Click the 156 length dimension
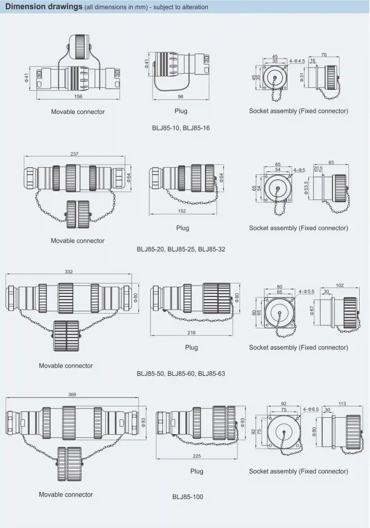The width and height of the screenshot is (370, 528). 78,96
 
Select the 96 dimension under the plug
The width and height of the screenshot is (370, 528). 181,96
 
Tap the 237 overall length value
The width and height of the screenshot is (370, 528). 74,154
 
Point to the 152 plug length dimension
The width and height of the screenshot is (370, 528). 182,211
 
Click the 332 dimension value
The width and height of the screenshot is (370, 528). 69,271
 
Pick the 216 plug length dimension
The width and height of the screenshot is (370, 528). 191,333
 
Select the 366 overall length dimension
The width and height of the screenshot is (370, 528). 72,394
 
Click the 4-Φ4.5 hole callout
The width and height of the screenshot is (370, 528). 297,61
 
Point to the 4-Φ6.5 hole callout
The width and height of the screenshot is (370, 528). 311,409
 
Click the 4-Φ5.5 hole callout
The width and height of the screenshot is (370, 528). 307,291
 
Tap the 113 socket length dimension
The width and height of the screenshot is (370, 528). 342,404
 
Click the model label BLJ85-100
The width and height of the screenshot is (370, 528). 188,497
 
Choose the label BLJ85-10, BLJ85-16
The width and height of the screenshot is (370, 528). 180,128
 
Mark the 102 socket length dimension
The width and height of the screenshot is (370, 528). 339,285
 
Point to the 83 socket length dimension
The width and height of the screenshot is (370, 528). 331,162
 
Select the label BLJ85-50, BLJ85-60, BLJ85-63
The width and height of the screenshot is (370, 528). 180,373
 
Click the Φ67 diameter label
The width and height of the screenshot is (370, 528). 312,310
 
